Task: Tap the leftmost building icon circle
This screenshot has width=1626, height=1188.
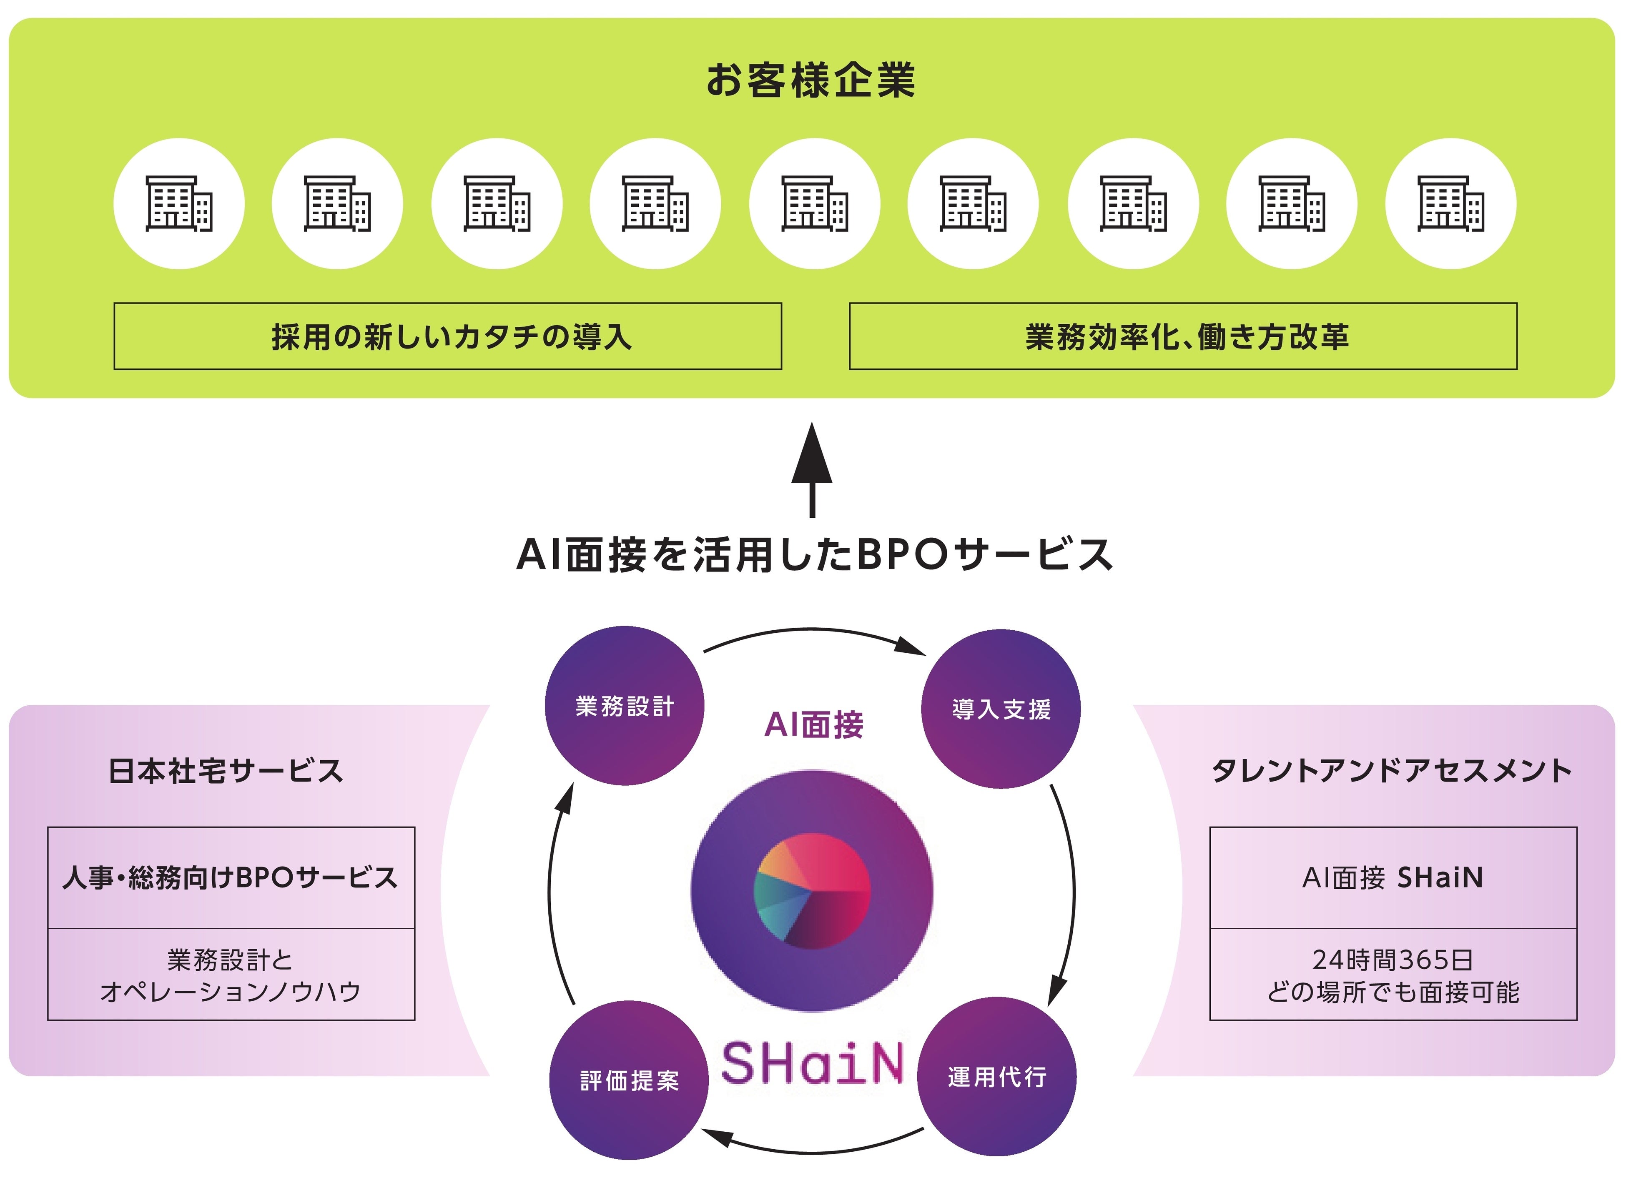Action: [179, 203]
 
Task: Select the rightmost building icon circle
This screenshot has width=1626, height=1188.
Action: [1450, 203]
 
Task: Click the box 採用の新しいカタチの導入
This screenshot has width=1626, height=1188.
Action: [447, 336]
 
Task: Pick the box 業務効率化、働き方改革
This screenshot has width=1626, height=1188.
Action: [1183, 336]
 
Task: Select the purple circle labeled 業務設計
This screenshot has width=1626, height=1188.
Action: [624, 705]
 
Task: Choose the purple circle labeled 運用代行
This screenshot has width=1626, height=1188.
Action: [997, 1077]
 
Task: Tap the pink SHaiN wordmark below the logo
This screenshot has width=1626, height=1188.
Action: [812, 1064]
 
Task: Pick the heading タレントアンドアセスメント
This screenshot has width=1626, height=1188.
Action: [1392, 771]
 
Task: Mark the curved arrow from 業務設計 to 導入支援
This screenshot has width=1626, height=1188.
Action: [813, 632]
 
